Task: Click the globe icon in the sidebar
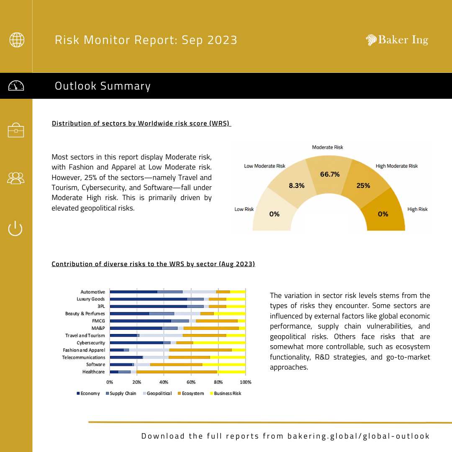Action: pyautogui.click(x=17, y=40)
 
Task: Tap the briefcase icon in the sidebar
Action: pyautogui.click(x=16, y=130)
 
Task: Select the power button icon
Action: pyautogui.click(x=15, y=229)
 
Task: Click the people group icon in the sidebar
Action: pyautogui.click(x=16, y=178)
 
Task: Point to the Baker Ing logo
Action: pyautogui.click(x=397, y=40)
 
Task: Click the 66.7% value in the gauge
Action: pyautogui.click(x=330, y=175)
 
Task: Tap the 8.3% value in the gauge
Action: pyautogui.click(x=297, y=185)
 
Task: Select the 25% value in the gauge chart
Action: pyautogui.click(x=363, y=185)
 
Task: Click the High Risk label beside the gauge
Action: pyautogui.click(x=417, y=209)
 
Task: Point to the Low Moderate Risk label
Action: pyautogui.click(x=265, y=166)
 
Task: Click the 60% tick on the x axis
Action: pyautogui.click(x=191, y=382)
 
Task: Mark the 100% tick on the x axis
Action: pyautogui.click(x=245, y=382)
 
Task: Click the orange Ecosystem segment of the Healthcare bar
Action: pyautogui.click(x=177, y=372)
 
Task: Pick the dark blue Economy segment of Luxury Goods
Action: pyautogui.click(x=148, y=299)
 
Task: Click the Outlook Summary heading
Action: pyautogui.click(x=103, y=86)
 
